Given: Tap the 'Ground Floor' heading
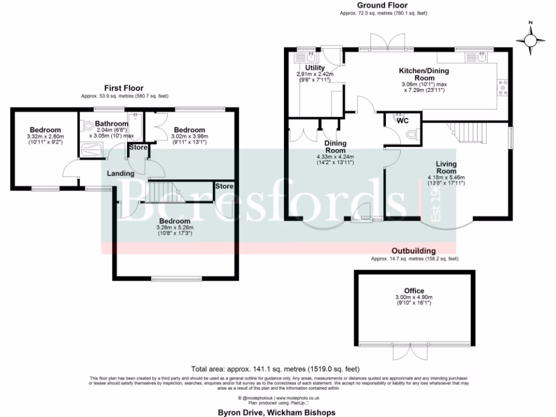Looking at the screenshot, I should (383, 5).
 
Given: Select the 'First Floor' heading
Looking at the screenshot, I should (124, 88).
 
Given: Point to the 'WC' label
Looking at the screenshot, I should (402, 121).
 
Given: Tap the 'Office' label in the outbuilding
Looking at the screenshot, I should (414, 291).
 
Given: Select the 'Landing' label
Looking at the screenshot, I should (121, 174).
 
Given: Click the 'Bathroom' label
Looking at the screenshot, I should (111, 124).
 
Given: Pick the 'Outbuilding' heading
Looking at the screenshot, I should (414, 251).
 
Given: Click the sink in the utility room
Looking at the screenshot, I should (311, 56).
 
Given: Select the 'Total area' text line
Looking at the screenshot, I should (276, 369).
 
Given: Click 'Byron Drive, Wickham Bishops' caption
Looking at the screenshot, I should (276, 412).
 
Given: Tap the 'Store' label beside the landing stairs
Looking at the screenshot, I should (224, 186).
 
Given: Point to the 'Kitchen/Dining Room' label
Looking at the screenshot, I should (424, 74).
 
